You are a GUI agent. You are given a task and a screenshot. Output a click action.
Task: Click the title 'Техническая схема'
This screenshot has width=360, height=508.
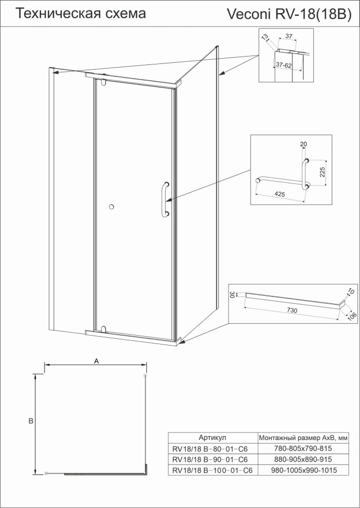pos(81,14)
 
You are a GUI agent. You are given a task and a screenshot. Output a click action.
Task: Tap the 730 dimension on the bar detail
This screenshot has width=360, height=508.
pos(292,311)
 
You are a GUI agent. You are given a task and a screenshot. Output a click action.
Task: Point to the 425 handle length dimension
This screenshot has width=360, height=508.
pos(279,194)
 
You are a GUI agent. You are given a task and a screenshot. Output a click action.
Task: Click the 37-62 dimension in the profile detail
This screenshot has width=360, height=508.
pos(284,65)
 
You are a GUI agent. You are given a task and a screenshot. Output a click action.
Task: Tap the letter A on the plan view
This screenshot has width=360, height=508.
pos(96,360)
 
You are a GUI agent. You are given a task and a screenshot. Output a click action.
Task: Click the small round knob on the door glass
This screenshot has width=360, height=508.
pos(111,207)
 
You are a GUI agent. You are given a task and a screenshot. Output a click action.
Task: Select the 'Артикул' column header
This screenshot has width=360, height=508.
pos(212,437)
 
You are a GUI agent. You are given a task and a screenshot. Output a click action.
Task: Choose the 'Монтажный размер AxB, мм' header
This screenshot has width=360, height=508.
pos(303,437)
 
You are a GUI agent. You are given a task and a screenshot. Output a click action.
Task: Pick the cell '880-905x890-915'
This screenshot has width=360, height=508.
pos(303,459)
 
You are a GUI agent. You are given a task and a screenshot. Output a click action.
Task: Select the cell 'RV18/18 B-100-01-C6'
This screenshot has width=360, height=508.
pos(212,470)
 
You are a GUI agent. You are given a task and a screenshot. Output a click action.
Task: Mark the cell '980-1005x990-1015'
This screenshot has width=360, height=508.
pos(303,470)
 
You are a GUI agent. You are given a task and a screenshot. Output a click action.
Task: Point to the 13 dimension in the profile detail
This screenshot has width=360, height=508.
pos(265,37)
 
